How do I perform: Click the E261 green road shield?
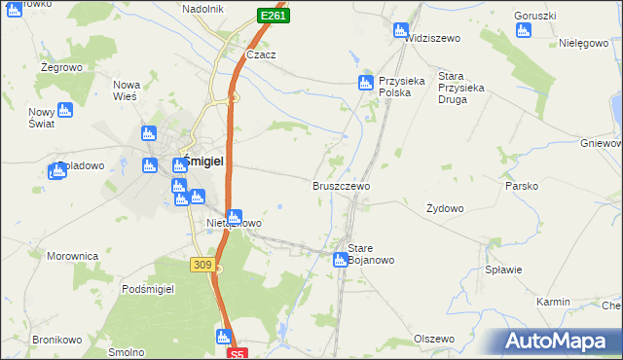pos(274,17)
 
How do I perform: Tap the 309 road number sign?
pos(202,264)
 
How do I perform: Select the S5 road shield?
pos(239,354)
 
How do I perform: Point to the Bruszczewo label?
pos(341,185)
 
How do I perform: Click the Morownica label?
pos(73,256)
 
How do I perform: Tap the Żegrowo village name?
pos(58,68)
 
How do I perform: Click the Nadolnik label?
pos(202,9)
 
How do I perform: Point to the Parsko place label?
pos(522,185)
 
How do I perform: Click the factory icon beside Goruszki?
pos(524,30)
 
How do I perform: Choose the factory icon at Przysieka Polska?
pos(366,84)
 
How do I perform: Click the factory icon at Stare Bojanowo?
pos(340,260)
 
